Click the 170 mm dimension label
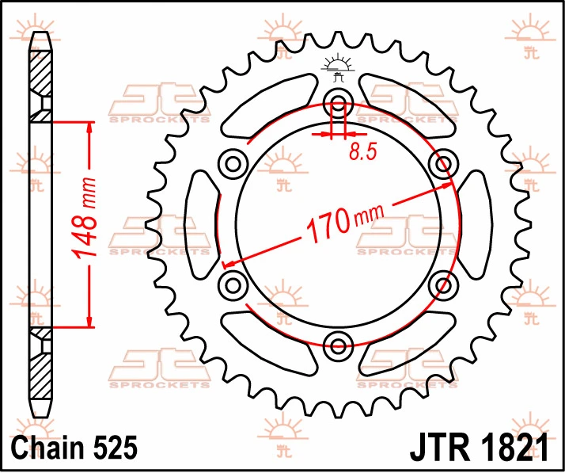344,223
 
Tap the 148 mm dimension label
85,218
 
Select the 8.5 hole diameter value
363,151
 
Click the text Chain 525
74,448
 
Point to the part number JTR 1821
480,448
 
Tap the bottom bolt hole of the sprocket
338,345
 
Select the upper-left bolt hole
233,164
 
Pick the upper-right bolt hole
443,164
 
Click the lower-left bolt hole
233,285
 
